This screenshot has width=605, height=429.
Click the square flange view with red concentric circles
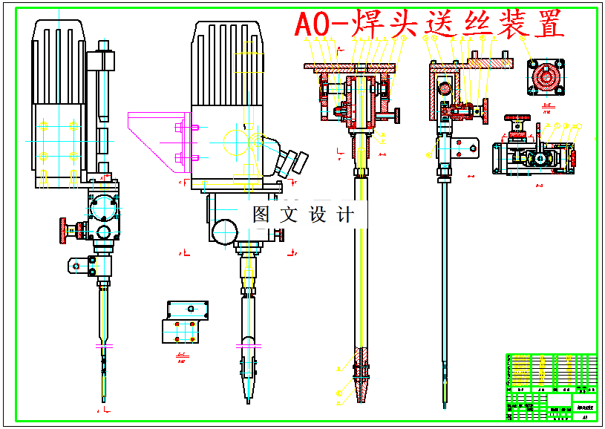click(x=547, y=77)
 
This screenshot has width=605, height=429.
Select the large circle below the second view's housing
click(x=223, y=232)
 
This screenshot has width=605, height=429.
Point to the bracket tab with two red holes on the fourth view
click(x=466, y=150)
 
